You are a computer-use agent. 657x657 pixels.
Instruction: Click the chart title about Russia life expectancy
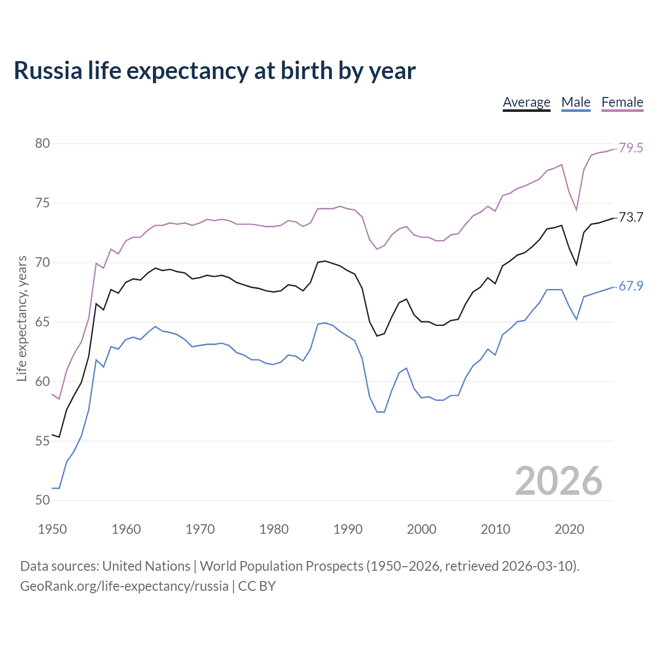[215, 71]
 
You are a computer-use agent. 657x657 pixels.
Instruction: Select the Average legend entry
[526, 102]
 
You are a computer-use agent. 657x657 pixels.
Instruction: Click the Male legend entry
[575, 102]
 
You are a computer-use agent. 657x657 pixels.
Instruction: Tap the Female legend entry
[622, 102]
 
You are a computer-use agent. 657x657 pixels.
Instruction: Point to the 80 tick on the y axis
[43, 144]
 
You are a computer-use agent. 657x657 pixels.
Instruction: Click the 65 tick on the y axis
[43, 322]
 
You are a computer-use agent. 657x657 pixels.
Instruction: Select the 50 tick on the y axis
[43, 500]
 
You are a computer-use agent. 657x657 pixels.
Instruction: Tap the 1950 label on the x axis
[52, 529]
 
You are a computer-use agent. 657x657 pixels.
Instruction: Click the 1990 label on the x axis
[347, 529]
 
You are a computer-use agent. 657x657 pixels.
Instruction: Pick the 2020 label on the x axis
[569, 529]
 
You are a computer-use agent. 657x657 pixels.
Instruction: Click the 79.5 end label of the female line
[631, 148]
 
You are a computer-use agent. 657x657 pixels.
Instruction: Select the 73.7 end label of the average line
[631, 218]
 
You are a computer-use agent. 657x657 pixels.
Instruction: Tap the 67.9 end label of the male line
[631, 286]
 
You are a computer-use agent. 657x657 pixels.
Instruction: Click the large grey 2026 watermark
[558, 481]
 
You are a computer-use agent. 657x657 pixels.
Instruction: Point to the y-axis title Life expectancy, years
[22, 319]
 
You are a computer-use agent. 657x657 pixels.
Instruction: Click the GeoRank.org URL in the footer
[124, 586]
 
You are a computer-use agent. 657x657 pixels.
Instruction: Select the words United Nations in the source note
[146, 566]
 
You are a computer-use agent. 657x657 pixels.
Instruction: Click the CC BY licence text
[257, 586]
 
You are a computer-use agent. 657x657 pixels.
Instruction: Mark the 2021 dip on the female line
[576, 210]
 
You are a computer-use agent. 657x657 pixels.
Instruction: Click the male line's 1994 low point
[377, 412]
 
